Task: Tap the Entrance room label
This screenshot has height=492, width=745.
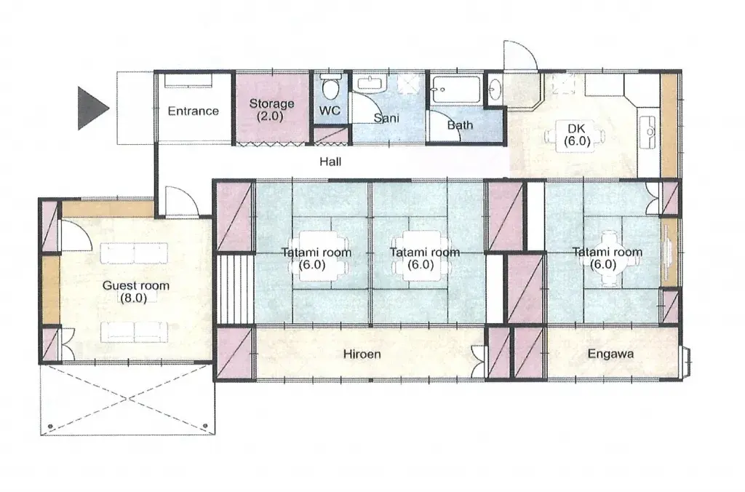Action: [193, 111]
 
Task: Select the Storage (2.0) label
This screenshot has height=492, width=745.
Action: [271, 110]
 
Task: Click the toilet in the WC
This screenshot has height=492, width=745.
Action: [330, 87]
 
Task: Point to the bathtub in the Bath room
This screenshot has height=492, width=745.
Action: [455, 90]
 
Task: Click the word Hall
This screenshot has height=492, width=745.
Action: [330, 162]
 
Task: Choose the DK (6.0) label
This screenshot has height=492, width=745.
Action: [577, 135]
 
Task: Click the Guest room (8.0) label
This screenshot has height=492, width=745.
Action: [135, 291]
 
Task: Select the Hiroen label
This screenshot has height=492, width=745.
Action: [362, 354]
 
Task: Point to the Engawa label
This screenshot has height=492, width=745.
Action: [610, 354]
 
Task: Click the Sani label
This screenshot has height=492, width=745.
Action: [386, 118]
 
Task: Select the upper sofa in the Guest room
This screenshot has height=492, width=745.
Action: [134, 253]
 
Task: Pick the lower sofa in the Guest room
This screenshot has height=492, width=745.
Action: [134, 331]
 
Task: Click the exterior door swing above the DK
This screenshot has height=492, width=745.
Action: [521, 55]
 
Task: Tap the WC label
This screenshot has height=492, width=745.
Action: [330, 111]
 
